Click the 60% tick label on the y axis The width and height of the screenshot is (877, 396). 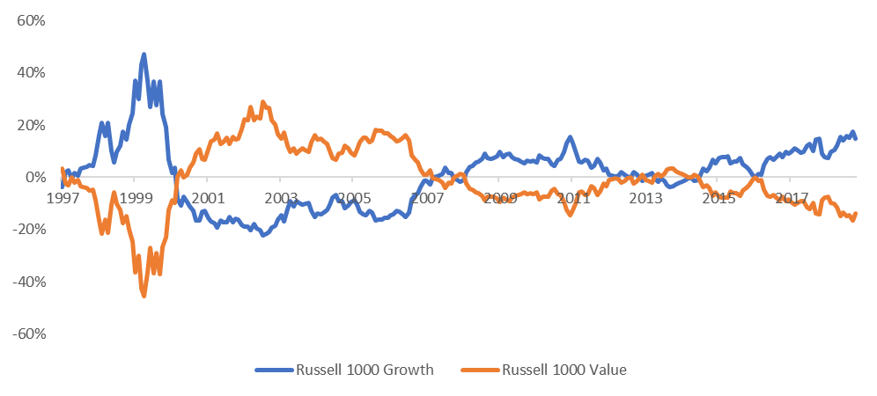[x=31, y=20]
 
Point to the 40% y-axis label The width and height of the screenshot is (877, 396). [x=31, y=72]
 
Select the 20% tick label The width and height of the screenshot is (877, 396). [x=31, y=125]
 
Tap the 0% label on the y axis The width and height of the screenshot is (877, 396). [x=34, y=177]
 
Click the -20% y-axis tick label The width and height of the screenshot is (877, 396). [x=28, y=230]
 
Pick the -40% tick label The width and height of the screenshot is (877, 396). [x=28, y=282]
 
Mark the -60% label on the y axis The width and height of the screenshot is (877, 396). [x=28, y=334]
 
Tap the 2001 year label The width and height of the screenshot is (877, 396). [x=207, y=197]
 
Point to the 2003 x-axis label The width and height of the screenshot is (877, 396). [x=280, y=197]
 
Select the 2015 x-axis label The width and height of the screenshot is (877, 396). [x=719, y=197]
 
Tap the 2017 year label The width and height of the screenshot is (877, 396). [x=792, y=197]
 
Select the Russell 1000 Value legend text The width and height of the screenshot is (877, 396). [x=564, y=370]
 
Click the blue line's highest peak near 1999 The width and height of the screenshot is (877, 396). [x=144, y=55]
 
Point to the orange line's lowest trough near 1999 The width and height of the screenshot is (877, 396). [x=144, y=296]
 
